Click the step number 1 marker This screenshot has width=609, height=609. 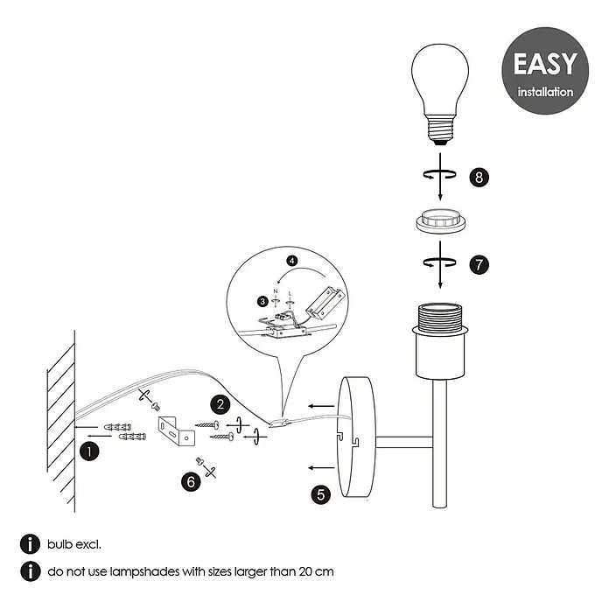pyautogui.click(x=89, y=451)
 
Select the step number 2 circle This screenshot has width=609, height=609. pyautogui.click(x=220, y=405)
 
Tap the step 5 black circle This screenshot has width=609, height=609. pyautogui.click(x=321, y=494)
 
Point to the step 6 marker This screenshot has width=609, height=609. pyautogui.click(x=191, y=482)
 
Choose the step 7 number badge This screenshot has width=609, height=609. pyautogui.click(x=479, y=265)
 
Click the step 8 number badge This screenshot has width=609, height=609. pyautogui.click(x=479, y=177)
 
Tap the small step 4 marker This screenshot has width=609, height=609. pyautogui.click(x=292, y=261)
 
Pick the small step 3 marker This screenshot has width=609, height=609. pyautogui.click(x=263, y=301)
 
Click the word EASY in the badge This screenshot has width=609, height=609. pyautogui.click(x=545, y=64)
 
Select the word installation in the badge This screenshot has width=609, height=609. pyautogui.click(x=545, y=92)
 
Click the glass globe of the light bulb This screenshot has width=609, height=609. pyautogui.click(x=440, y=79)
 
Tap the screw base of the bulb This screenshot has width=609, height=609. pyautogui.click(x=440, y=129)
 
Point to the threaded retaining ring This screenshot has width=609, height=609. pyautogui.click(x=440, y=221)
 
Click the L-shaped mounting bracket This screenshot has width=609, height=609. pyautogui.click(x=177, y=431)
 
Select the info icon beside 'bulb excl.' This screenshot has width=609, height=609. pyautogui.click(x=30, y=544)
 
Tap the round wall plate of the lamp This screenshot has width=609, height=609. pyautogui.click(x=356, y=437)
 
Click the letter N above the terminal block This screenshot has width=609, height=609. pyautogui.click(x=276, y=291)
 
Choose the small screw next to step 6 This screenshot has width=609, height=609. pyautogui.click(x=199, y=461)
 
